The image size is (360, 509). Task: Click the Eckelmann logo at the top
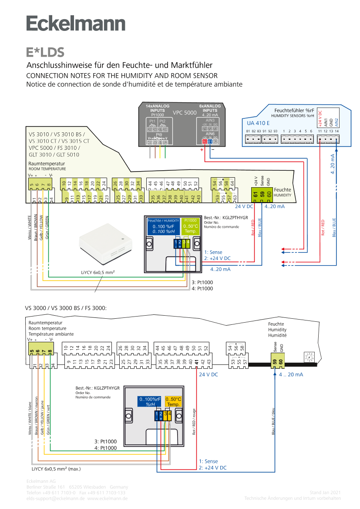[x=76, y=24]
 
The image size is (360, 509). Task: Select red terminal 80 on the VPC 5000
[x=205, y=142]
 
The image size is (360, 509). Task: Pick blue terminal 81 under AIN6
[x=210, y=142]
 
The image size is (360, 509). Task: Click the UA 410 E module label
[x=258, y=123]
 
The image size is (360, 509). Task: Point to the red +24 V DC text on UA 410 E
[x=320, y=119]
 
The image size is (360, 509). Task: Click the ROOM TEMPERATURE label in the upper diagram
[x=47, y=169]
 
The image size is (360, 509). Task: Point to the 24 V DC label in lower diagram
[x=209, y=374]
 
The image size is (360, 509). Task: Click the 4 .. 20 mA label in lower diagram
[x=291, y=374]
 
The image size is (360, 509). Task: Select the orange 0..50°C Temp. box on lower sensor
[x=173, y=401]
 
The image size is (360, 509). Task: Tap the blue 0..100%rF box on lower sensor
[x=149, y=401]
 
